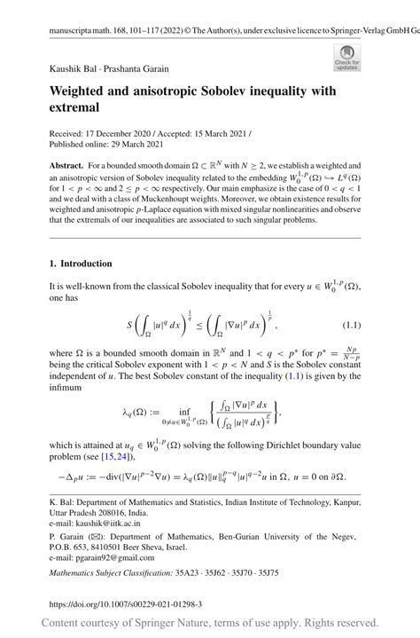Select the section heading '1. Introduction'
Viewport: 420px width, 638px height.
tap(75, 264)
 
